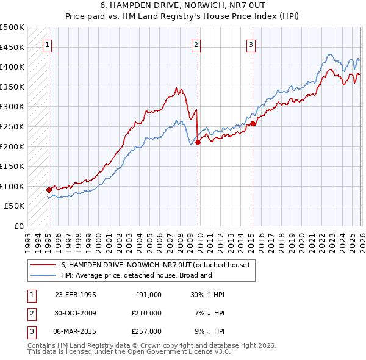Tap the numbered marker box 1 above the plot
pyautogui.click(x=48, y=44)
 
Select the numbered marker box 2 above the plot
pyautogui.click(x=196, y=44)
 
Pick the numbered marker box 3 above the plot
pyautogui.click(x=251, y=44)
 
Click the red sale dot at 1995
pyautogui.click(x=49, y=190)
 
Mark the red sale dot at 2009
pyautogui.click(x=198, y=142)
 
